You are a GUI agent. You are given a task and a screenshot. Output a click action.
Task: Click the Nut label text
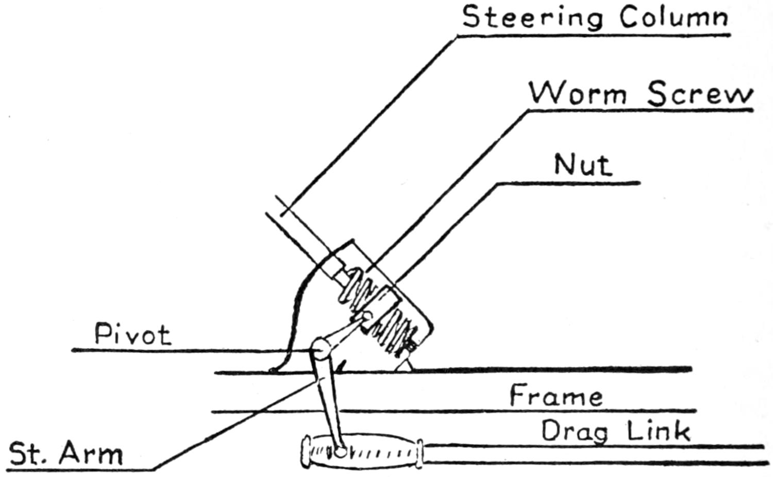pos(583,165)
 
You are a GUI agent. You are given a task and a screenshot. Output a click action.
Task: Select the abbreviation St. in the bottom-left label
pos(29,453)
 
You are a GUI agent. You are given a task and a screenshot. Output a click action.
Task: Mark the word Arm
pos(91,453)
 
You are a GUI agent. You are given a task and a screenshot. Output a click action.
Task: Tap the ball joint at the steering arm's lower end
pos(340,452)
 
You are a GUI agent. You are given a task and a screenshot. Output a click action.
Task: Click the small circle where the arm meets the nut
pos(367,316)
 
